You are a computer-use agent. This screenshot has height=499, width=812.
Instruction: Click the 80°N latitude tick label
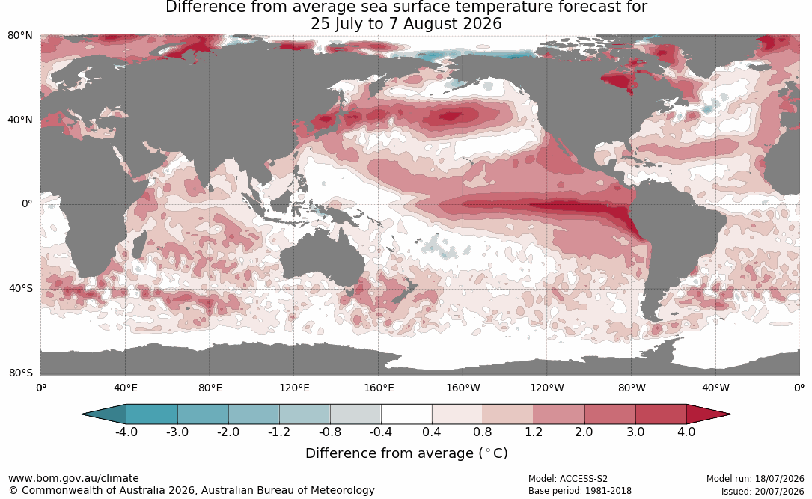point(19,35)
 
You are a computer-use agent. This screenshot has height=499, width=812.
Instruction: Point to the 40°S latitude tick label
point(20,288)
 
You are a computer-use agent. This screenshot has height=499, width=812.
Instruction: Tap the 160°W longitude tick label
point(463,388)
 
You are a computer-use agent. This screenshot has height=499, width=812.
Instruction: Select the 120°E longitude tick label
point(294,388)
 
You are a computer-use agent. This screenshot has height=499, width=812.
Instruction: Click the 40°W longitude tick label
point(715,388)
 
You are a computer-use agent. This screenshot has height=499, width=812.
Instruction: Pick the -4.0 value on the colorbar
point(126,432)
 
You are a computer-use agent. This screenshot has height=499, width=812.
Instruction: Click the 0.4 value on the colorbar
point(431,432)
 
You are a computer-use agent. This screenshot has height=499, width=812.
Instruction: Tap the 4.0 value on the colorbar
point(686,432)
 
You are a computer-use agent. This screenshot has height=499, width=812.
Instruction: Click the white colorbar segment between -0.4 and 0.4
point(406,414)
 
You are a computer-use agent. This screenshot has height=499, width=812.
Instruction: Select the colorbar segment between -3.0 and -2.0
point(203,414)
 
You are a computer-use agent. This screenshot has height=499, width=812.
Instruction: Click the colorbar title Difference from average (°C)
point(406,453)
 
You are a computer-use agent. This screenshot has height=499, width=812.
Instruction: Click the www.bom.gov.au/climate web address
point(73,478)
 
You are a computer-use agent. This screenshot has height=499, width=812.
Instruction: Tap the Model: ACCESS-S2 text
point(567,479)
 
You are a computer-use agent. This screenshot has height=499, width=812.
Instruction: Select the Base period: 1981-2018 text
point(579,491)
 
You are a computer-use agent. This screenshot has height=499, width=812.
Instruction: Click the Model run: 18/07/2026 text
point(755,479)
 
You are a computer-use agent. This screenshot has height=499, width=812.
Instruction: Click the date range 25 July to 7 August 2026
point(406,24)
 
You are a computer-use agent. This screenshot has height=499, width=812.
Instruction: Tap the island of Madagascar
point(138,245)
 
